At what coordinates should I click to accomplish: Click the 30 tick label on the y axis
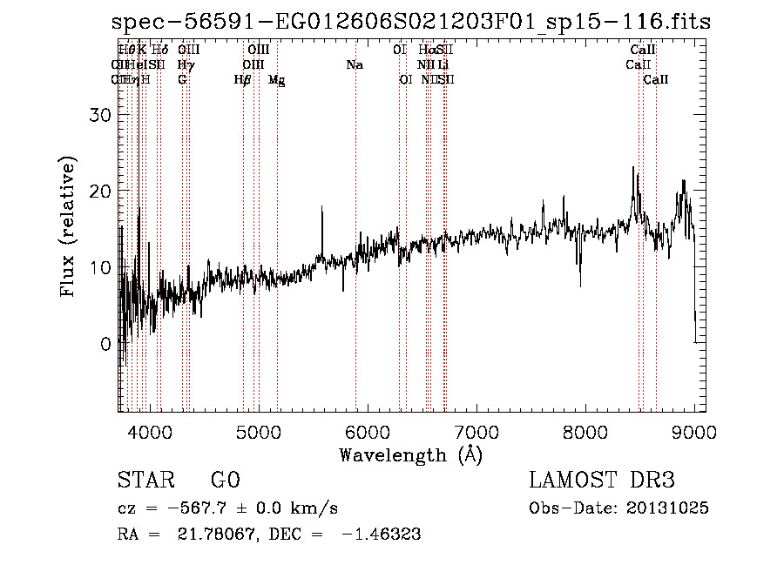pyautogui.click(x=102, y=115)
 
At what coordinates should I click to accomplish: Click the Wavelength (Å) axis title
pyautogui.click(x=410, y=454)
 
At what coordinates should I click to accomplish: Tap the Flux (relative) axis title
pyautogui.click(x=68, y=226)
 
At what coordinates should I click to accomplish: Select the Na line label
pyautogui.click(x=355, y=65)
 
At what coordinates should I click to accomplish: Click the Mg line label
pyautogui.click(x=276, y=80)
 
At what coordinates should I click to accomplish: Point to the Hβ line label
pyautogui.click(x=243, y=80)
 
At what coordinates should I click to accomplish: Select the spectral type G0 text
pyautogui.click(x=225, y=481)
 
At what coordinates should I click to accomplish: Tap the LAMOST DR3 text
pyautogui.click(x=602, y=481)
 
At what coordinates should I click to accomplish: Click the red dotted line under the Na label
pyautogui.click(x=356, y=261)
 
